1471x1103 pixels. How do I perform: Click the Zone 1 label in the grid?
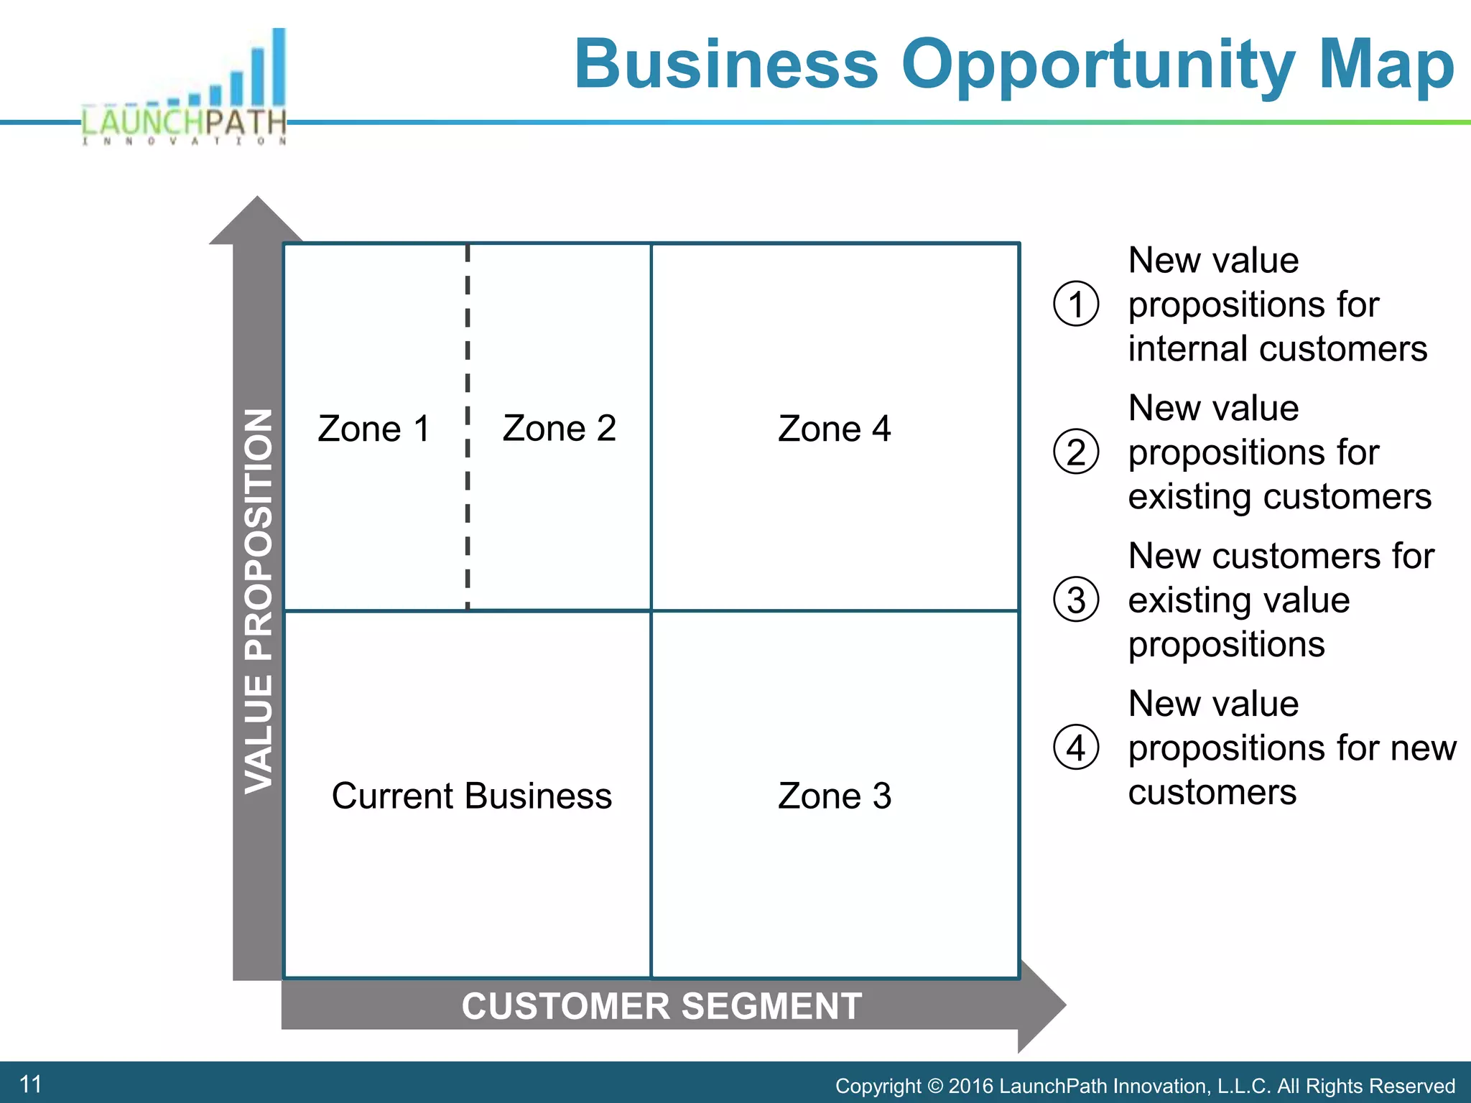[x=373, y=429]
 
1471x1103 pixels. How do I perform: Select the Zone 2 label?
[x=559, y=429]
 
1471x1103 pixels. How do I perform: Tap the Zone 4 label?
[x=834, y=429]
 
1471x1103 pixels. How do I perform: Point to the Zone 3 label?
[x=834, y=796]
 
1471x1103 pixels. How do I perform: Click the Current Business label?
[x=471, y=796]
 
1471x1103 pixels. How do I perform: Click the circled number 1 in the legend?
[x=1075, y=304]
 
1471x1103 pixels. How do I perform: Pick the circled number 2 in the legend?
[x=1075, y=452]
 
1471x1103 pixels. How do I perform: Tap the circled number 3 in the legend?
[x=1075, y=600]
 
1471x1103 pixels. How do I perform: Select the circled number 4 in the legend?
[x=1075, y=748]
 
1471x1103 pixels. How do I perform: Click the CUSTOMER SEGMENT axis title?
[x=662, y=1006]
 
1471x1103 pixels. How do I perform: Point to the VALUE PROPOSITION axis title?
[x=259, y=601]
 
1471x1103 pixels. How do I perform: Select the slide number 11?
[x=30, y=1084]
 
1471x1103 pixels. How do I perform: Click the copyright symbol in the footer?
[x=934, y=1086]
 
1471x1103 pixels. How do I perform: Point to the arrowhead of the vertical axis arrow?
[x=256, y=220]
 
